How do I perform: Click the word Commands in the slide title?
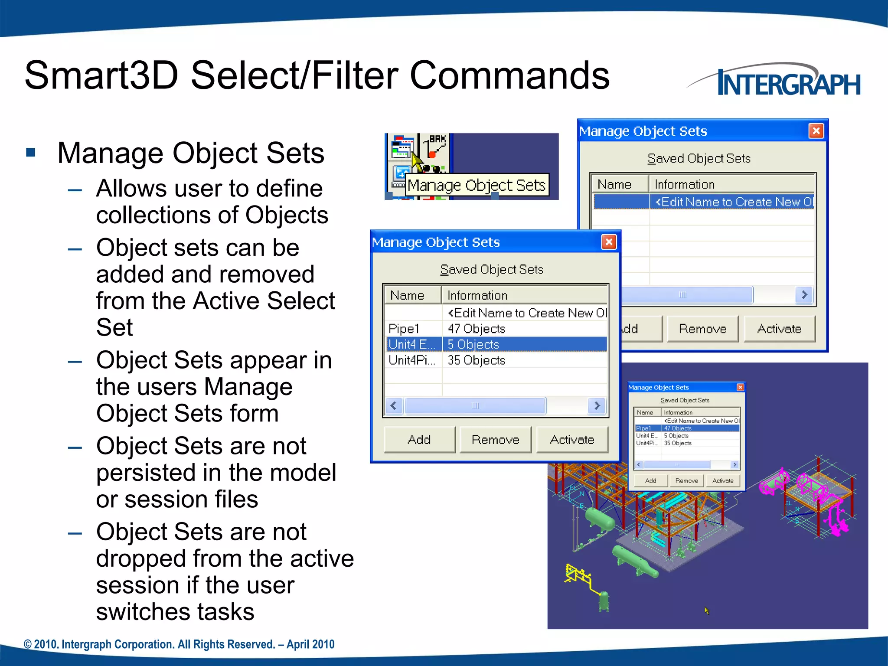pyautogui.click(x=509, y=76)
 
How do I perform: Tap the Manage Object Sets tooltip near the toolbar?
pyautogui.click(x=476, y=186)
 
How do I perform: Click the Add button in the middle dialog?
pyautogui.click(x=419, y=440)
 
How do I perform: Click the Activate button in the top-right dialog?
pyautogui.click(x=779, y=329)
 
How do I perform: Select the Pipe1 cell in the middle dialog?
pyautogui.click(x=412, y=329)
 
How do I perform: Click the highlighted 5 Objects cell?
pyautogui.click(x=524, y=344)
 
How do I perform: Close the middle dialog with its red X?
pyautogui.click(x=609, y=242)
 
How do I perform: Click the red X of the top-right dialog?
pyautogui.click(x=816, y=131)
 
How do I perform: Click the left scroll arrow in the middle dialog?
pyautogui.click(x=394, y=406)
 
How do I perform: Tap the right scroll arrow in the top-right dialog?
pyautogui.click(x=804, y=295)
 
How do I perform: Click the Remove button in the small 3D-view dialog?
pyautogui.click(x=686, y=481)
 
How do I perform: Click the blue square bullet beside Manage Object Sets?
pyautogui.click(x=30, y=153)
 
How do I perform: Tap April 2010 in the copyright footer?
pyautogui.click(x=310, y=644)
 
